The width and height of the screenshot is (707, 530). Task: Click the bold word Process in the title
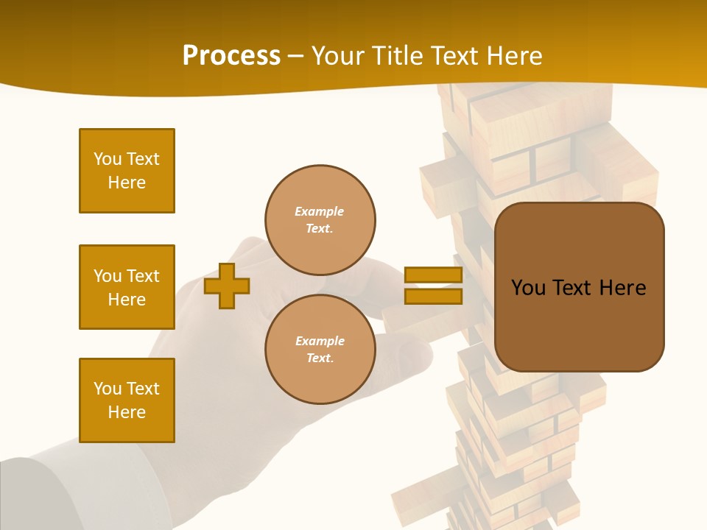[231, 56]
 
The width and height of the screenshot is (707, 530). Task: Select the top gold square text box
[127, 171]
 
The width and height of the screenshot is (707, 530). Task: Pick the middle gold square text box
[127, 287]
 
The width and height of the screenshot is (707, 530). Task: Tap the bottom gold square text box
[127, 400]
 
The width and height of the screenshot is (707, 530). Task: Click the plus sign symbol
[227, 286]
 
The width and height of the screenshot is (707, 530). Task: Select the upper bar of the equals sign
[433, 275]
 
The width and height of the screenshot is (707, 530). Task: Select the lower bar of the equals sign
[433, 296]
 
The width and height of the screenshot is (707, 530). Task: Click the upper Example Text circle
[320, 220]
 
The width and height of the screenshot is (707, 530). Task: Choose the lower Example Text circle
[320, 350]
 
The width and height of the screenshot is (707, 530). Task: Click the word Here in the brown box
[622, 288]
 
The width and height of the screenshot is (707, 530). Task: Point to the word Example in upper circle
[319, 211]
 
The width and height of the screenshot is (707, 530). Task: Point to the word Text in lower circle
[319, 358]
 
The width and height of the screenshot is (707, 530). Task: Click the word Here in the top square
[127, 183]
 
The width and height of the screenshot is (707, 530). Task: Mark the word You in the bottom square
[108, 389]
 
